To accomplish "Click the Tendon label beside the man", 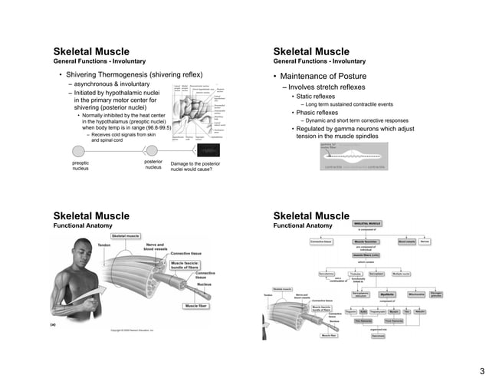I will pos(104,245).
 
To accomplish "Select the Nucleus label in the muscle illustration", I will pos(204,284).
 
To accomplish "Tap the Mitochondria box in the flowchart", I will pos(417,294).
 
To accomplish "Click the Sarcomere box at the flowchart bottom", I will pos(378,335).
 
